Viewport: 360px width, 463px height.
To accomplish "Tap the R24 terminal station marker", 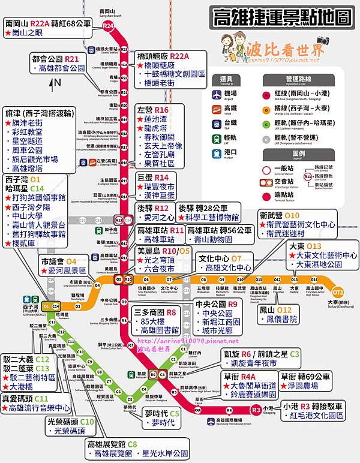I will tap(108, 26).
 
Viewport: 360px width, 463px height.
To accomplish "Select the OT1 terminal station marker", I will tap(338, 292).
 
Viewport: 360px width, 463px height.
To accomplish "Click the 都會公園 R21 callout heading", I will tap(55, 59).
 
